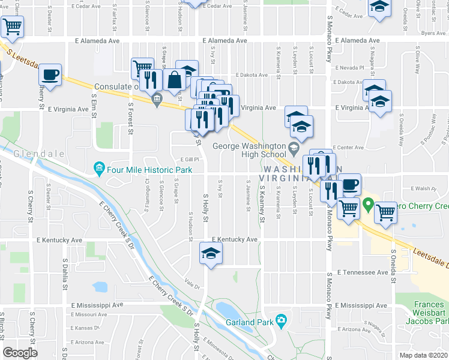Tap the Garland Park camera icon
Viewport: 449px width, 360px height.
point(280,319)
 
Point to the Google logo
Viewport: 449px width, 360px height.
point(20,353)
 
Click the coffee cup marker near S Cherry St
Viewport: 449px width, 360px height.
point(50,75)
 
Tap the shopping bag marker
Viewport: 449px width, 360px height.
point(174,79)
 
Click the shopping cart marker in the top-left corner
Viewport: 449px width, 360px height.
point(12,26)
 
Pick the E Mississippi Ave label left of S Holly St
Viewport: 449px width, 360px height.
point(97,305)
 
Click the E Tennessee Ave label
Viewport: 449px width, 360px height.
point(362,272)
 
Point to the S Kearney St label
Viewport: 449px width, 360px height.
point(262,204)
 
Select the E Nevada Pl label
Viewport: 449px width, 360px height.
point(351,68)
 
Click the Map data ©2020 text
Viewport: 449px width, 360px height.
point(424,355)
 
